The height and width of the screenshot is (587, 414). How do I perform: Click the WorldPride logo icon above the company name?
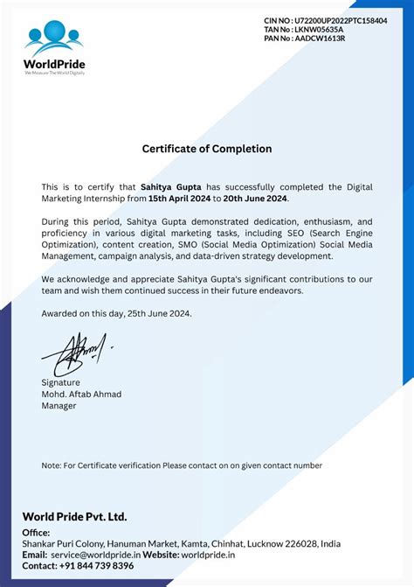pyautogui.click(x=55, y=35)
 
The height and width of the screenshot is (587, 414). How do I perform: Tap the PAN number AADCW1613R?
pyautogui.click(x=326, y=38)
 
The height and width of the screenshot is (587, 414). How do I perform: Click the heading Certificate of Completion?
pyautogui.click(x=207, y=149)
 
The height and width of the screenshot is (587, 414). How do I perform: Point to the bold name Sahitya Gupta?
pyautogui.click(x=170, y=186)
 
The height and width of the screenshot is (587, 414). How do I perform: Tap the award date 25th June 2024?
pyautogui.click(x=159, y=312)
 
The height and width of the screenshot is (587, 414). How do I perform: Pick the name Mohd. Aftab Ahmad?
pyautogui.click(x=81, y=394)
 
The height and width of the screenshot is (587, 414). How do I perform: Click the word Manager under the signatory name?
pyautogui.click(x=59, y=405)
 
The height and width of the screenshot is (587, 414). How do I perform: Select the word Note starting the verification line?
pyautogui.click(x=51, y=465)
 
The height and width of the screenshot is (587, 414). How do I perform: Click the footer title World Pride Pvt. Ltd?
pyautogui.click(x=74, y=516)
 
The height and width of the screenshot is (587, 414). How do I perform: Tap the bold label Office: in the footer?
pyautogui.click(x=37, y=532)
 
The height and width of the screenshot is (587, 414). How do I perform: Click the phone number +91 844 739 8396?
pyautogui.click(x=97, y=566)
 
